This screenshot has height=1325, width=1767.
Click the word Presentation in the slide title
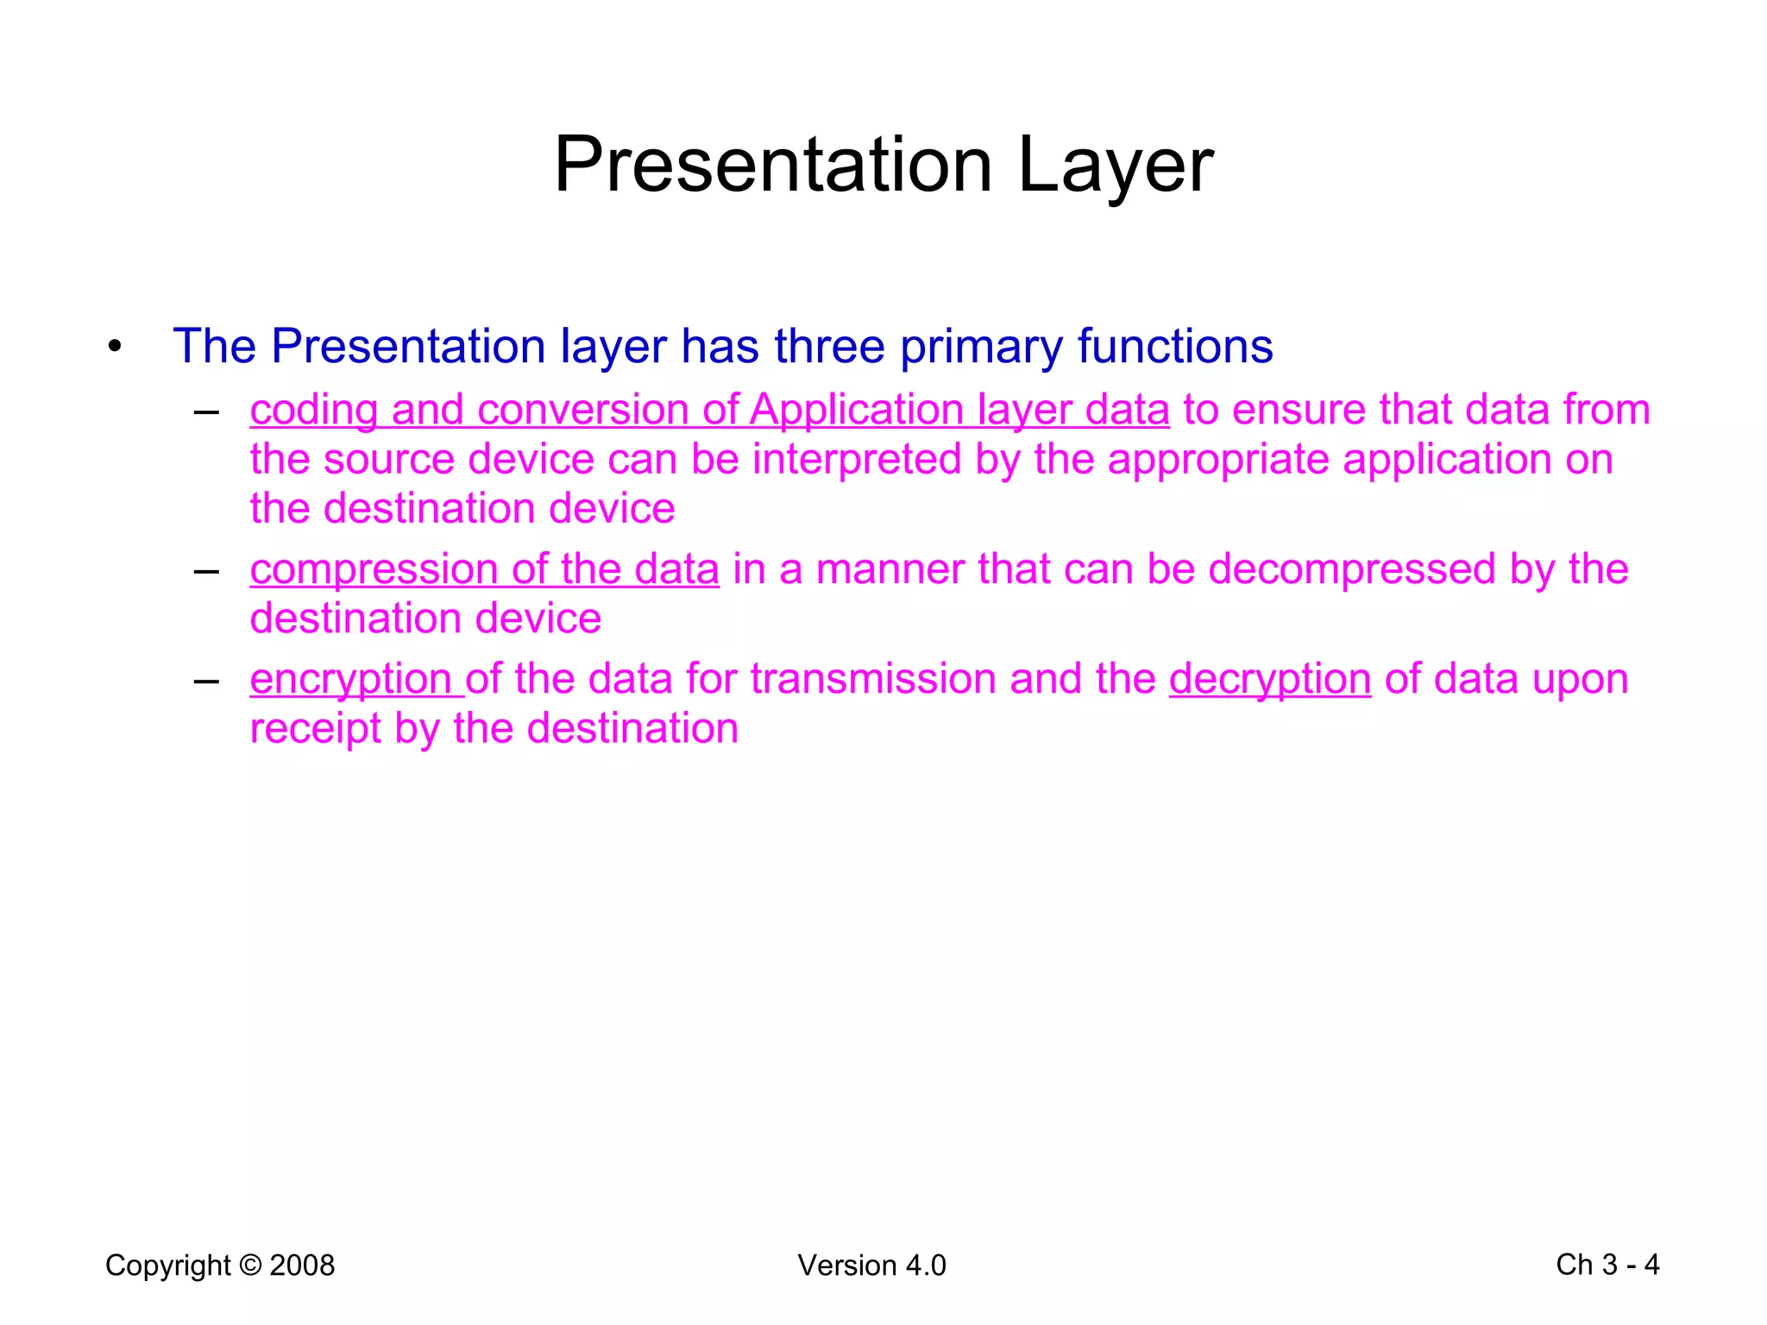(772, 166)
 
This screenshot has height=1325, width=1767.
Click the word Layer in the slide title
(1115, 166)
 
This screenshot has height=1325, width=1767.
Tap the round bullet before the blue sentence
(115, 348)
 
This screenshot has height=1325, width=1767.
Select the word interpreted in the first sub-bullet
(856, 459)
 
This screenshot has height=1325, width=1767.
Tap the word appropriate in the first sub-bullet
(1217, 459)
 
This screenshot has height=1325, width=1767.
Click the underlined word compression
(373, 570)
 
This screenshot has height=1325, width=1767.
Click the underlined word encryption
(350, 679)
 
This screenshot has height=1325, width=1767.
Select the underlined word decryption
(1269, 679)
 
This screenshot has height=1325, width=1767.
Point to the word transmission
(872, 679)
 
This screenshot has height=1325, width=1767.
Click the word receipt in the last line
(315, 729)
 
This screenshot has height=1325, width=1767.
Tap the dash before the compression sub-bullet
(206, 570)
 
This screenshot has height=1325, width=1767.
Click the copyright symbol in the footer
(250, 1265)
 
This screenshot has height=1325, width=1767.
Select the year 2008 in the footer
(302, 1265)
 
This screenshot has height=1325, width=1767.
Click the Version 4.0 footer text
(871, 1265)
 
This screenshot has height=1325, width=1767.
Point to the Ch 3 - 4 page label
(1607, 1265)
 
